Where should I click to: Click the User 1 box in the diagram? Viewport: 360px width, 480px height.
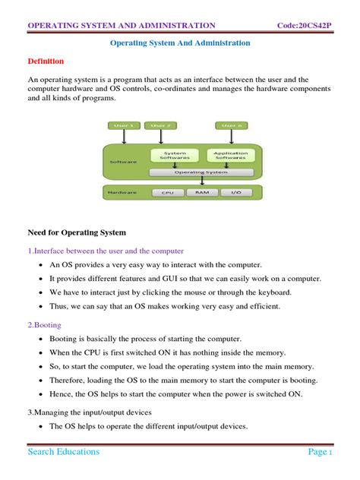click(x=123, y=125)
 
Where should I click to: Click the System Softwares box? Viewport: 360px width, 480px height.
click(x=175, y=155)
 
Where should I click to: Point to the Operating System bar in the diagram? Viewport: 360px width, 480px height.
click(x=201, y=172)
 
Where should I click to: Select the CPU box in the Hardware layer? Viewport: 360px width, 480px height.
click(x=168, y=193)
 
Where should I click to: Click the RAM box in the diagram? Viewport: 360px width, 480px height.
click(x=202, y=193)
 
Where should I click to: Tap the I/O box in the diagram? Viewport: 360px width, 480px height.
click(x=235, y=193)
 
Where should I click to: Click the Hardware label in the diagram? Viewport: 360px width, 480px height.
click(x=122, y=193)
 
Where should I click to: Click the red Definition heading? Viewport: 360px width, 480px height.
click(x=46, y=61)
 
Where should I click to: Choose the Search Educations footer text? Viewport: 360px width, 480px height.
click(x=64, y=451)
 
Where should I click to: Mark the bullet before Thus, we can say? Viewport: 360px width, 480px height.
click(x=39, y=306)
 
